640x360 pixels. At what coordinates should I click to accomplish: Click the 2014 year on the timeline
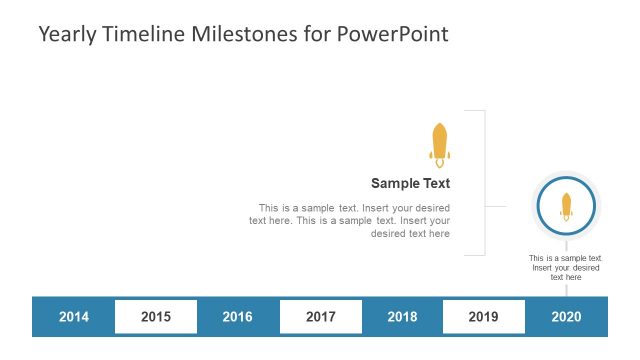[73, 317]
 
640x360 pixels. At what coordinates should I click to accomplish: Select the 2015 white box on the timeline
[155, 317]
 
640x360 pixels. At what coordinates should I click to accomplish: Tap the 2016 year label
[237, 317]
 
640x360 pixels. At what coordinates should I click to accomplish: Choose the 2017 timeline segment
[320, 317]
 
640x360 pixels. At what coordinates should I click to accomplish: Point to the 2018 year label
[402, 317]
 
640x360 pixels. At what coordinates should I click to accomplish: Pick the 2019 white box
[483, 317]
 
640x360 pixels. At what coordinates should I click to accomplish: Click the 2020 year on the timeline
[566, 317]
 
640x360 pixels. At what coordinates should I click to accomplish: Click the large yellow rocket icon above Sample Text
[439, 144]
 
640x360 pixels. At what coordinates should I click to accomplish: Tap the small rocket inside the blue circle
[566, 206]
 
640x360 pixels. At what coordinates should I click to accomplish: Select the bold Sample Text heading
[410, 183]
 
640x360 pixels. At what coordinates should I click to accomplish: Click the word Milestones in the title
[247, 34]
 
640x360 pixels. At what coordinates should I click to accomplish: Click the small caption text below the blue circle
[565, 267]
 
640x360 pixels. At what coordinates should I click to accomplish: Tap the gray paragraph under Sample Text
[350, 221]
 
